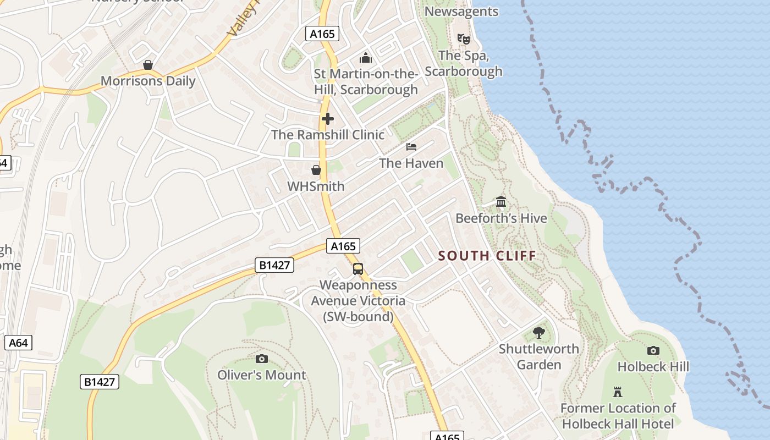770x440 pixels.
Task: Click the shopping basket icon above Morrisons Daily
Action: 147,65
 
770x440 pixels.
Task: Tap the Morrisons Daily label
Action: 148,81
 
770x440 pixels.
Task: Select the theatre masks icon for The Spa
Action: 464,39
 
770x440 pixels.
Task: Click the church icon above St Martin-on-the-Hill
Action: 366,57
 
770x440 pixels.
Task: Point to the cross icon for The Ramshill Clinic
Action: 328,119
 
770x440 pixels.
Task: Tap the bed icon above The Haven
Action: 411,147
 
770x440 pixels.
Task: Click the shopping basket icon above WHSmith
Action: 316,170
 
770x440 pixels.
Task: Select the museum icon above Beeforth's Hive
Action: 501,202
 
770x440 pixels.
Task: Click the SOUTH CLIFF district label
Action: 487,256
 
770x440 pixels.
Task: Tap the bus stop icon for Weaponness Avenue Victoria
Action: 358,269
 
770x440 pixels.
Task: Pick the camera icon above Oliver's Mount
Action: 262,359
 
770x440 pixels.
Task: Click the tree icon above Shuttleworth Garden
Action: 539,332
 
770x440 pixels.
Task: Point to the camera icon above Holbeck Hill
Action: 653,350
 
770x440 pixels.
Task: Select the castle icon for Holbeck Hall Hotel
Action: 618,392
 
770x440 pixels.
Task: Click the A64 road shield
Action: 18,343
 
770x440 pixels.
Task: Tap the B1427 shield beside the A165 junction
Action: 274,266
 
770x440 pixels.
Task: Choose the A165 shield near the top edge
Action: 322,34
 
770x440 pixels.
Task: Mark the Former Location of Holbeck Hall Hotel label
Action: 618,416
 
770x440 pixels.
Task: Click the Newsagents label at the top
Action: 461,12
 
